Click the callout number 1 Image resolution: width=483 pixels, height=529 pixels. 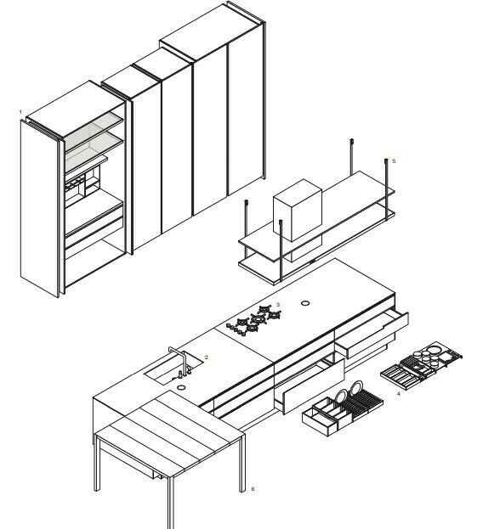pyautogui.click(x=20, y=112)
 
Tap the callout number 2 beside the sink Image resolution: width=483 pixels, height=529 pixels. pyautogui.click(x=207, y=357)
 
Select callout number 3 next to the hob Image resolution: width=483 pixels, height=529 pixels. pyautogui.click(x=278, y=305)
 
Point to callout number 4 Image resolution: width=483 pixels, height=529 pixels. pyautogui.click(x=399, y=394)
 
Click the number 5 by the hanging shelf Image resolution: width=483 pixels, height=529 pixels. pyautogui.click(x=394, y=161)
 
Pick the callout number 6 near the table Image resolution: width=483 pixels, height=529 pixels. pyautogui.click(x=253, y=489)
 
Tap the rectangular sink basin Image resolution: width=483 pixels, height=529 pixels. pyautogui.click(x=174, y=369)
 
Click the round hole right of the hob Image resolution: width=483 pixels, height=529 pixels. pyautogui.click(x=305, y=303)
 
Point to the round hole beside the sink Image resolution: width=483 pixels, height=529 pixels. pyautogui.click(x=181, y=387)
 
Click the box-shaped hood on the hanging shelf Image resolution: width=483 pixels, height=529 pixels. pyautogui.click(x=298, y=210)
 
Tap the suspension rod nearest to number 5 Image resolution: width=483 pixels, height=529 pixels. pyautogui.click(x=386, y=189)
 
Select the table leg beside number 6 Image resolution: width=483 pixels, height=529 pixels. pyautogui.click(x=242, y=463)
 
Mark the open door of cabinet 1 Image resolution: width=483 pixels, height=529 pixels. pyautogui.click(x=41, y=209)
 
